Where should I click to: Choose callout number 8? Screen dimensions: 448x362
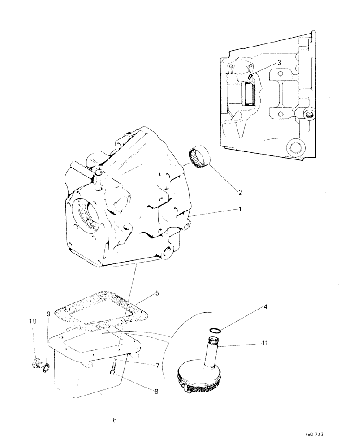tap(156, 391)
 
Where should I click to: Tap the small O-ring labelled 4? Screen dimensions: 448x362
tap(216, 330)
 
